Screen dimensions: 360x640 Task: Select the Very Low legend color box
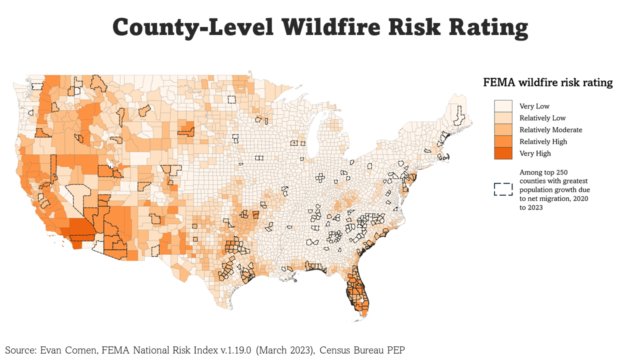pyautogui.click(x=503, y=106)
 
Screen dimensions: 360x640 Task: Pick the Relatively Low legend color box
pyautogui.click(x=503, y=118)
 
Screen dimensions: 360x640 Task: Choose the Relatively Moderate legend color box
pyautogui.click(x=503, y=129)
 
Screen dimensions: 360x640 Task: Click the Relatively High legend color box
pyautogui.click(x=503, y=141)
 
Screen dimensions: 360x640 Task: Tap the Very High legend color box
pyautogui.click(x=503, y=153)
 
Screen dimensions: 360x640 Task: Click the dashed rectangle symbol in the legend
pyautogui.click(x=503, y=189)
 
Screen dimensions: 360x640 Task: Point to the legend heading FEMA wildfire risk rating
pyautogui.click(x=547, y=82)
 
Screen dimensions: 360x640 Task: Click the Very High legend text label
pyautogui.click(x=535, y=153)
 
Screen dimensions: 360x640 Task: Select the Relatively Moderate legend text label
pyautogui.click(x=550, y=130)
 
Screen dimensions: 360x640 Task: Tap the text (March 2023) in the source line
pyautogui.click(x=285, y=350)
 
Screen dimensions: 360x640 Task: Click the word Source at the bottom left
pyautogui.click(x=19, y=350)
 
